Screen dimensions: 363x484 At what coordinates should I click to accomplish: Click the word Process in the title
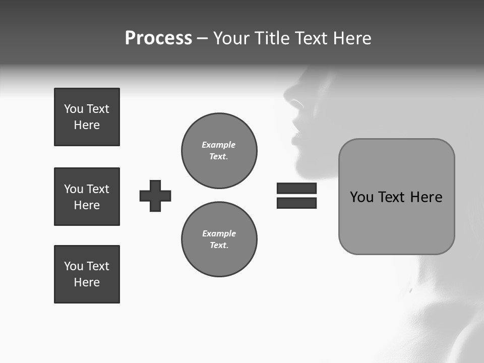point(158,38)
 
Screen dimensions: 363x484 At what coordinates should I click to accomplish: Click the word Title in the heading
point(276,38)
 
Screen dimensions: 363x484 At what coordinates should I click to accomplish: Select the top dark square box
point(87,117)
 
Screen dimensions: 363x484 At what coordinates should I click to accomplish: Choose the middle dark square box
point(87,197)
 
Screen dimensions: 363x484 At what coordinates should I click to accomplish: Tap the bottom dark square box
point(87,274)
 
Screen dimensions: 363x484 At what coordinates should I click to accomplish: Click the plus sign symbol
point(155,196)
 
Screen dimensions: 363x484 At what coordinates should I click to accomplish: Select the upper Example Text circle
point(219,151)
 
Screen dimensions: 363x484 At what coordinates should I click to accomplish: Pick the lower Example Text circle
point(219,239)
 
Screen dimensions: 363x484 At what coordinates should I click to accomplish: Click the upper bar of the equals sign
point(296,188)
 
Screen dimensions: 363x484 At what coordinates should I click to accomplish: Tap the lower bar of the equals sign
point(296,203)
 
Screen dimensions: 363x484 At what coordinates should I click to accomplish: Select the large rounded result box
point(396,197)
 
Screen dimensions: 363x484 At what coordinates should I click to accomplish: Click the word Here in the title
point(352,38)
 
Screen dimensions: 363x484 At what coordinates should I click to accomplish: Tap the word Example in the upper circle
point(219,145)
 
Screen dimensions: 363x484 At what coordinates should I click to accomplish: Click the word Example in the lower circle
point(219,233)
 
